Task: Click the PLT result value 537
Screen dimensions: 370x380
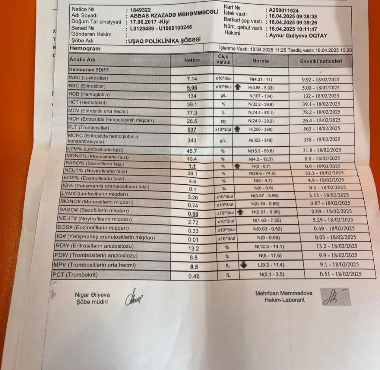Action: point(192,130)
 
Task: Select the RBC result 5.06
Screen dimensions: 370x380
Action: point(192,88)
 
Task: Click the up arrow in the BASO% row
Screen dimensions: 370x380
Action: point(237,166)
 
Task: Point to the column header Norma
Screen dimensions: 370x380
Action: point(260,61)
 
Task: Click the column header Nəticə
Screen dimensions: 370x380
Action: point(192,60)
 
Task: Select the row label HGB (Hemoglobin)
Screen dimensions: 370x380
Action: point(89,94)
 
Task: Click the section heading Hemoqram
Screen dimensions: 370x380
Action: point(85,48)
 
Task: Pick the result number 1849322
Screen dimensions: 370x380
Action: point(141,10)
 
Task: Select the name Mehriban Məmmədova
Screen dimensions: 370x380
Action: point(284,294)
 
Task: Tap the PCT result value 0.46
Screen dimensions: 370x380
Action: point(194,276)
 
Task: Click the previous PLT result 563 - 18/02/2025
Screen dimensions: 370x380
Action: point(321,129)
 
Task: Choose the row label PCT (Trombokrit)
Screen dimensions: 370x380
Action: point(75,274)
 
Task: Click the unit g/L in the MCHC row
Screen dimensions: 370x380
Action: point(223,140)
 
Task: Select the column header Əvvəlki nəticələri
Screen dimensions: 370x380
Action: point(321,61)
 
